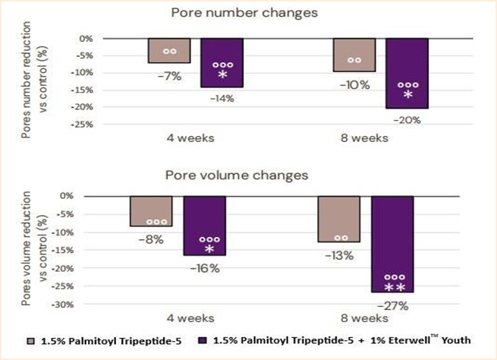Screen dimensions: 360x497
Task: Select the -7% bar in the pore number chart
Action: (x=169, y=50)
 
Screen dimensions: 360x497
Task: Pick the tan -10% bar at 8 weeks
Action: (x=354, y=55)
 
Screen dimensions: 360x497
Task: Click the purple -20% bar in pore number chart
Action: (x=407, y=73)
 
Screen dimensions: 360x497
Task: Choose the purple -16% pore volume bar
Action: (x=204, y=225)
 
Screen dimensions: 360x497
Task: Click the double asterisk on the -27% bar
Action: (x=395, y=288)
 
